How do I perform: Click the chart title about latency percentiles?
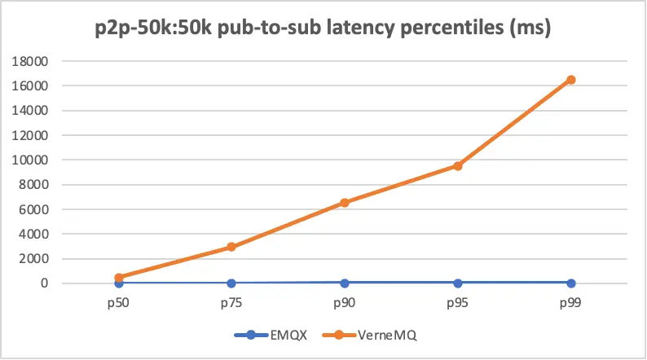point(323,30)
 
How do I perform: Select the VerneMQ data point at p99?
point(571,79)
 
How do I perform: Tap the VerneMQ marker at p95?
point(458,165)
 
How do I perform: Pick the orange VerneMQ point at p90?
point(345,202)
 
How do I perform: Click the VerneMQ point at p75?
point(231,247)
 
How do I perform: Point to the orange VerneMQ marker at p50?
point(119,278)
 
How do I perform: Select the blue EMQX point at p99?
point(571,283)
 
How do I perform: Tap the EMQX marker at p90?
point(345,283)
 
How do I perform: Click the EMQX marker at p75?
point(231,283)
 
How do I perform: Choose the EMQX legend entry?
point(276,335)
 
